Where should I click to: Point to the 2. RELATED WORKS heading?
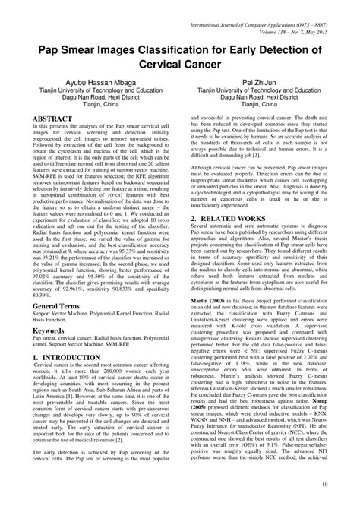point(228,197)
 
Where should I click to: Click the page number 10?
point(325,484)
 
